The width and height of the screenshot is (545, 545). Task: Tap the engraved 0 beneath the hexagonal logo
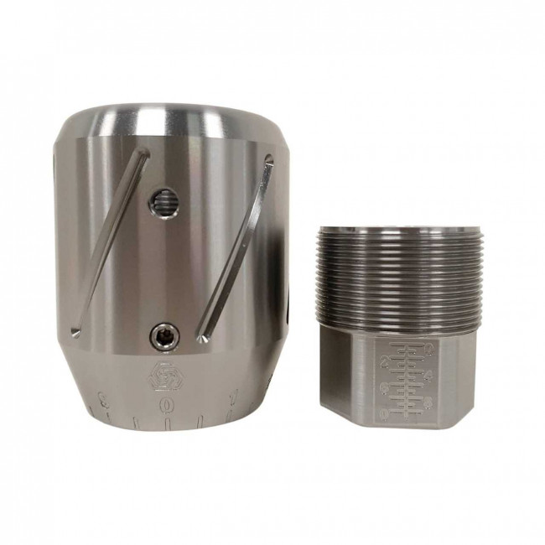[169, 402]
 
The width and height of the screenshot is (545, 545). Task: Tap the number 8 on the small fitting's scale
[428, 403]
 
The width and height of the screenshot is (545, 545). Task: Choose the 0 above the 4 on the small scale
[428, 346]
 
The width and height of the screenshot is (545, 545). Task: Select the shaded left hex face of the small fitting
[340, 377]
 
